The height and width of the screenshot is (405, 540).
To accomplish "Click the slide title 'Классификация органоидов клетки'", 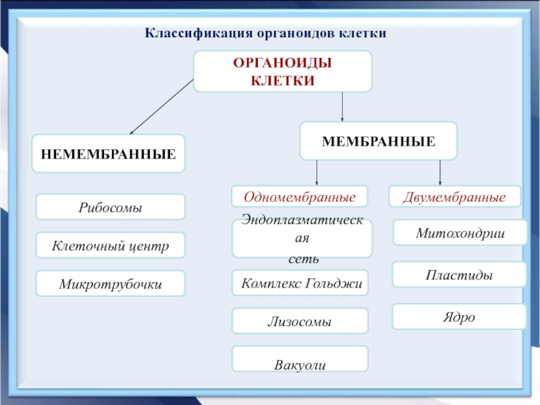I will click(265, 33).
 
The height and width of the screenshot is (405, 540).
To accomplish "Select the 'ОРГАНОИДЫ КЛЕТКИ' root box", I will click(283, 72).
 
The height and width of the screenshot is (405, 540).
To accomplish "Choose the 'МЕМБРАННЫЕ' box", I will click(378, 141).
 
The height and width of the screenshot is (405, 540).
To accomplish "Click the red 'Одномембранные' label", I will click(300, 197).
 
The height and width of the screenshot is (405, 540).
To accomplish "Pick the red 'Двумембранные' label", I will click(455, 197).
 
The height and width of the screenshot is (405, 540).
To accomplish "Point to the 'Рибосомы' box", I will click(110, 207).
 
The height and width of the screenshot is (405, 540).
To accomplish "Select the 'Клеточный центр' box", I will click(110, 246).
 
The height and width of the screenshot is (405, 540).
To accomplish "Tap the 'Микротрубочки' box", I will click(110, 284).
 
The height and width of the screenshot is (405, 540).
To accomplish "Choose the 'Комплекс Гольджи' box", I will click(302, 284).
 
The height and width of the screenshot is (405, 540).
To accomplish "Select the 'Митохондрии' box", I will click(460, 234).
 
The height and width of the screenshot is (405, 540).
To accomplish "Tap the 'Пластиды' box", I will click(459, 275).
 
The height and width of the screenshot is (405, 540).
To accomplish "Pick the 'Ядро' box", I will click(459, 316).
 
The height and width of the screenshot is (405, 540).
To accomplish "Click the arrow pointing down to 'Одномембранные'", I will click(317, 172).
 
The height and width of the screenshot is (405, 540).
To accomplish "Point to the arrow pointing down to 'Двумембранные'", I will click(440, 172).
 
